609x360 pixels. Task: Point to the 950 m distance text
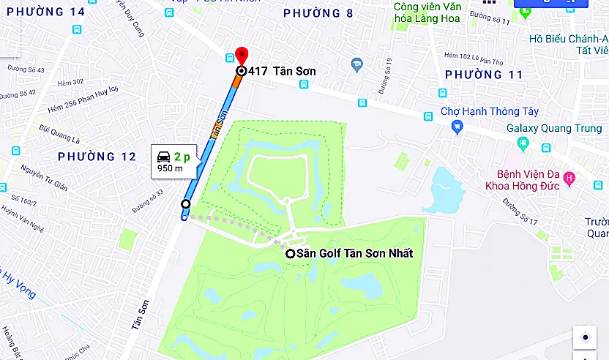point(170,169)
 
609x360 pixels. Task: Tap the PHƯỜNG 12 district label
point(97,157)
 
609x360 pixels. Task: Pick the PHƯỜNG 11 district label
point(484,75)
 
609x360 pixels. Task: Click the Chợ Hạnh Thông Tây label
point(490,112)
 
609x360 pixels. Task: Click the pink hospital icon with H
point(570,178)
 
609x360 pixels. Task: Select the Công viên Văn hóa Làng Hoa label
point(427,12)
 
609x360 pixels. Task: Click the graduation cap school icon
point(356,64)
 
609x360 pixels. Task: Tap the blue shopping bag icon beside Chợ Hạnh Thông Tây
point(457,127)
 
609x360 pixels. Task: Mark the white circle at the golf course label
point(291,253)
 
